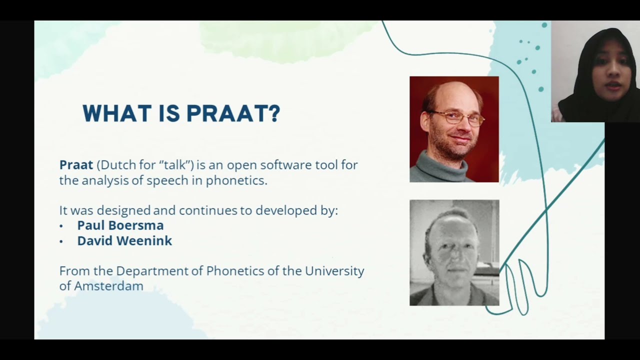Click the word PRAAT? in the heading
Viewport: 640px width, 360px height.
click(233, 113)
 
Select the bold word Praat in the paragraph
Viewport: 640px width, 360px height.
click(76, 165)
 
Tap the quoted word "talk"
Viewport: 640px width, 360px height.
click(175, 165)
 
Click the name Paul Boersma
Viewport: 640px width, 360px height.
click(120, 225)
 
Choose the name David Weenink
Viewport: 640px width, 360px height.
click(124, 241)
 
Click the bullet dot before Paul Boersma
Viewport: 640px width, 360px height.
click(61, 226)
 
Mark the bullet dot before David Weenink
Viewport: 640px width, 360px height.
click(61, 242)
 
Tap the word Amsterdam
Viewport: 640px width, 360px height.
click(108, 286)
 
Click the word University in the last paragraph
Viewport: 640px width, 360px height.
click(334, 271)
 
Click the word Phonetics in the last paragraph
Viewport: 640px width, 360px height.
click(235, 271)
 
